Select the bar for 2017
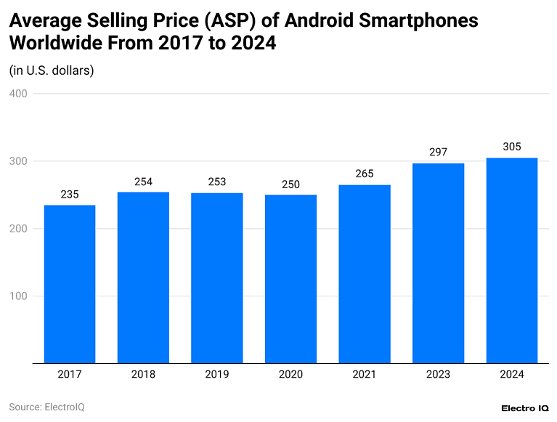(70, 284)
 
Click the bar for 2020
(290, 279)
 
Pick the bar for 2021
(365, 274)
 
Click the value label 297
(438, 152)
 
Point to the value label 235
(70, 194)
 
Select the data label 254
(143, 181)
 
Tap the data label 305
(512, 147)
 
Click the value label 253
(217, 182)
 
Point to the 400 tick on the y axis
(18, 94)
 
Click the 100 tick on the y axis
(18, 296)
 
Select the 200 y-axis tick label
(18, 229)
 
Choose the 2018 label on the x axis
(143, 375)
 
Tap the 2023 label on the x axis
(438, 375)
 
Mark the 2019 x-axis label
(217, 375)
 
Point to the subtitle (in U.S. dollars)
(52, 70)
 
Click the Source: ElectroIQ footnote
(46, 407)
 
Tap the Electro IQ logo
(524, 408)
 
